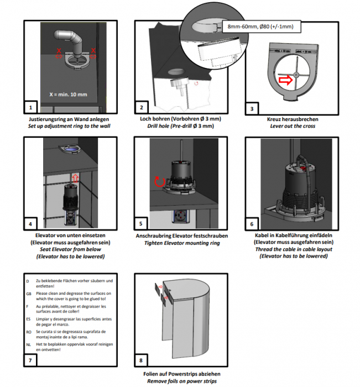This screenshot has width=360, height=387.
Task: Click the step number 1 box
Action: pos(31,108)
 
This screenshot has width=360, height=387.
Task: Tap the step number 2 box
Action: pos(142,108)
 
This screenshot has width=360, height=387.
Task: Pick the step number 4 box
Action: pos(31,224)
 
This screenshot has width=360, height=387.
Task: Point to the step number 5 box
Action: pos(142,224)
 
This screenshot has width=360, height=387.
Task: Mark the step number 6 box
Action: pos(252,224)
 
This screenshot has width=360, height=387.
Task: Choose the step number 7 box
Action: pos(31,360)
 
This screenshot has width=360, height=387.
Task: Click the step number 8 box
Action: pos(142,360)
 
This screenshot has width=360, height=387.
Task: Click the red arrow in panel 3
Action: pos(285,81)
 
